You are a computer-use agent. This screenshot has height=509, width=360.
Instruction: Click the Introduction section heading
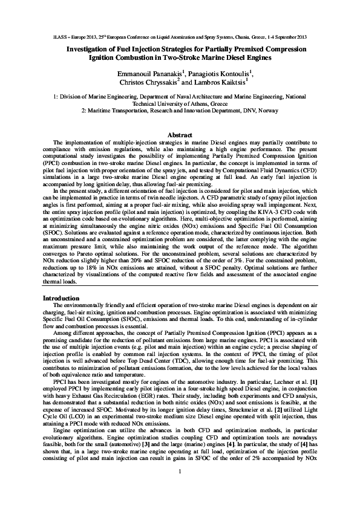(61, 297)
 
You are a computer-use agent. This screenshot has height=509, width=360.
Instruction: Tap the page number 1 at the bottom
(180, 487)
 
